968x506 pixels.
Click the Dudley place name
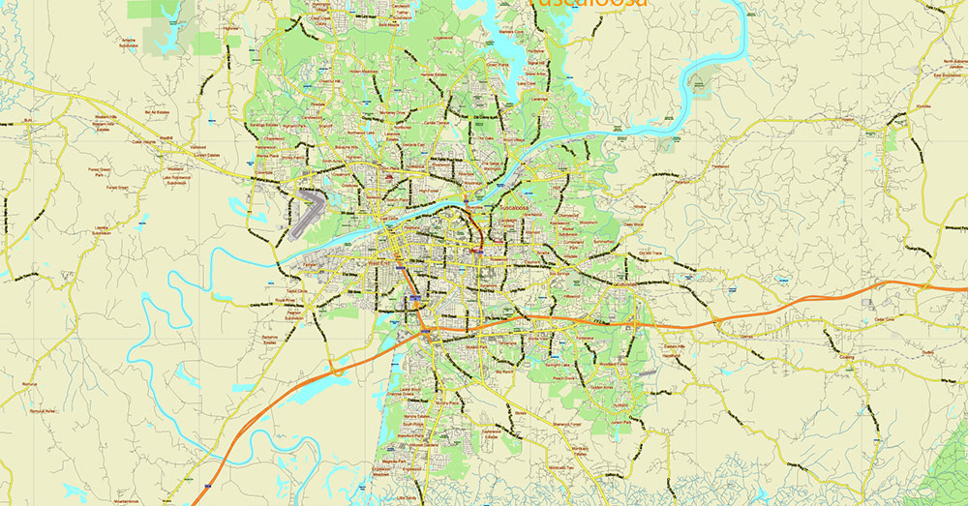point(927,353)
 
